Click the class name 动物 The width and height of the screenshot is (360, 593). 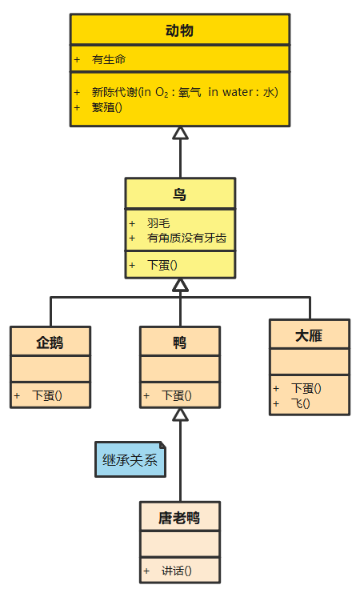pos(179,31)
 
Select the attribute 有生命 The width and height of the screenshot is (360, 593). pos(109,59)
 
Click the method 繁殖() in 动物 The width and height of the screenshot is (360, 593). pos(107,106)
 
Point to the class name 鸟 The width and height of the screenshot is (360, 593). pos(179,194)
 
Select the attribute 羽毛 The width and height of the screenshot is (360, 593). pos(158,223)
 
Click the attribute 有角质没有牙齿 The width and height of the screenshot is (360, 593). pos(186,238)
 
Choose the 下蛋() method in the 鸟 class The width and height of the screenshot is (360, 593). pos(162,265)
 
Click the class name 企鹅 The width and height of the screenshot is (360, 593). pos(50,343)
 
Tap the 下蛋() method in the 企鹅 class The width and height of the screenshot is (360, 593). pos(47,395)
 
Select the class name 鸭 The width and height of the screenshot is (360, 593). pos(179,343)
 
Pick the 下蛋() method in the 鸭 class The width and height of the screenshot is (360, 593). pos(176,395)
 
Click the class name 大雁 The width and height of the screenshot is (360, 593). pos(309,336)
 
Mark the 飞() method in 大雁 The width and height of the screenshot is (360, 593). pos(301,403)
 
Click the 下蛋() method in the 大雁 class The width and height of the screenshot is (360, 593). pos(306,389)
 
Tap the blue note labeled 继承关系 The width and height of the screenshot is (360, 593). pos(130,459)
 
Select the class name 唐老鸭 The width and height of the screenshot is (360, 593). pos(179,518)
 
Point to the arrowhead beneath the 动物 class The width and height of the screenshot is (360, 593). pos(180,133)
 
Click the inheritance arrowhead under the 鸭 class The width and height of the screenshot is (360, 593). pos(180,414)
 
